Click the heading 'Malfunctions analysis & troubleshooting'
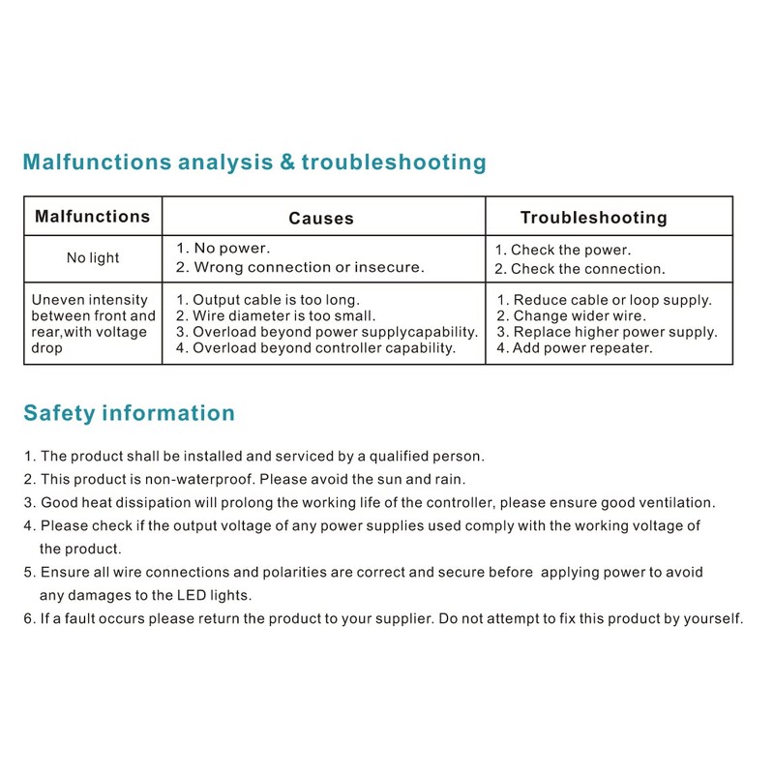pos(254,162)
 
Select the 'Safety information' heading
pos(129,413)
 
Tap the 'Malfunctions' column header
pos(93,217)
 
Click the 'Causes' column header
pos(321,219)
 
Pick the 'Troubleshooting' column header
pos(593,218)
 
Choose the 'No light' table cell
pos(93,258)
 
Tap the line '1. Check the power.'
pos(562,250)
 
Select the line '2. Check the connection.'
pos(580,269)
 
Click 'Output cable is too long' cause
pos(267,300)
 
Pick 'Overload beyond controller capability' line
pos(315,347)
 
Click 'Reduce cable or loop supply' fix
pos(604,300)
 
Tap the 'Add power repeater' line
pos(575,347)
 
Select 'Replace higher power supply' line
pos(607,332)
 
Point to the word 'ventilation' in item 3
pos(676,502)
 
